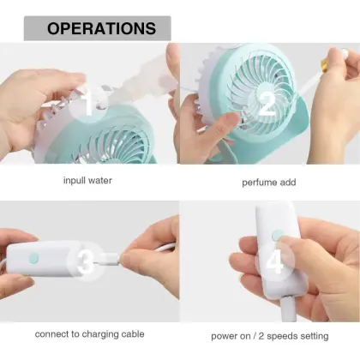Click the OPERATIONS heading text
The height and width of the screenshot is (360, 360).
101,28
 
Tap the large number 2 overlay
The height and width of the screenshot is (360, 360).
267,104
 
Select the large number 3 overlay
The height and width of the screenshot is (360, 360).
86,261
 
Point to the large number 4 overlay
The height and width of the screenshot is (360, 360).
275,261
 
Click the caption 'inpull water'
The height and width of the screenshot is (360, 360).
87,181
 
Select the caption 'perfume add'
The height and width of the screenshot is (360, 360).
269,182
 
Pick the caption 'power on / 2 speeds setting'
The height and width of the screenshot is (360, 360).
269,335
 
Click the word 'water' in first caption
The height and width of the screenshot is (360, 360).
100,181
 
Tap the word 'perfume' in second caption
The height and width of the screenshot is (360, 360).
260,182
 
